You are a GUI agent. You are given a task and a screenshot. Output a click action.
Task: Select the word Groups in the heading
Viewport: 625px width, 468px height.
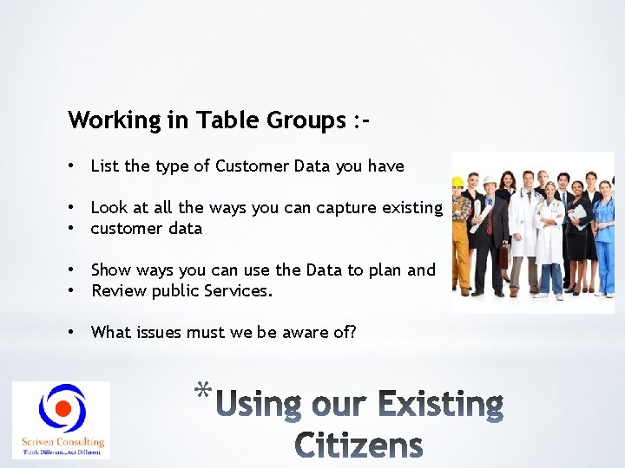301,120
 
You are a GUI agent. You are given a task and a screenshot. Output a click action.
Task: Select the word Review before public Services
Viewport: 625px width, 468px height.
120,291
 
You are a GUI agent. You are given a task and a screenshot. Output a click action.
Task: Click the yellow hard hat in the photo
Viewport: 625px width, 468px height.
457,182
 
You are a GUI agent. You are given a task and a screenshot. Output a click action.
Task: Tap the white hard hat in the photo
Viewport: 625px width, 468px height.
490,181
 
